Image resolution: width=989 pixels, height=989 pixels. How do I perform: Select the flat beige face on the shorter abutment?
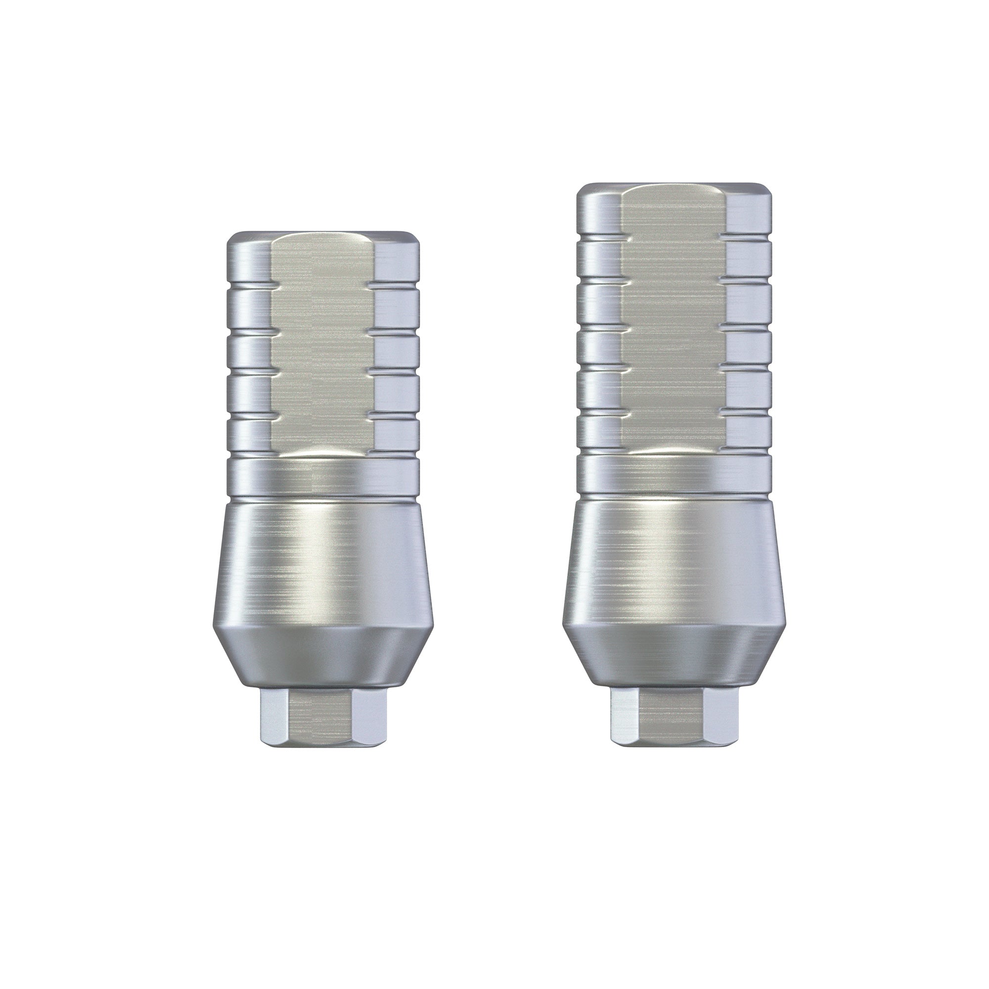tap(323, 348)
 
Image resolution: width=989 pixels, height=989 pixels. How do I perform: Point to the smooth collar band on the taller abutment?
tap(674, 474)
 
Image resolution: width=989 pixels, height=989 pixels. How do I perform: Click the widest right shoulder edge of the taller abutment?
tap(784, 622)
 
